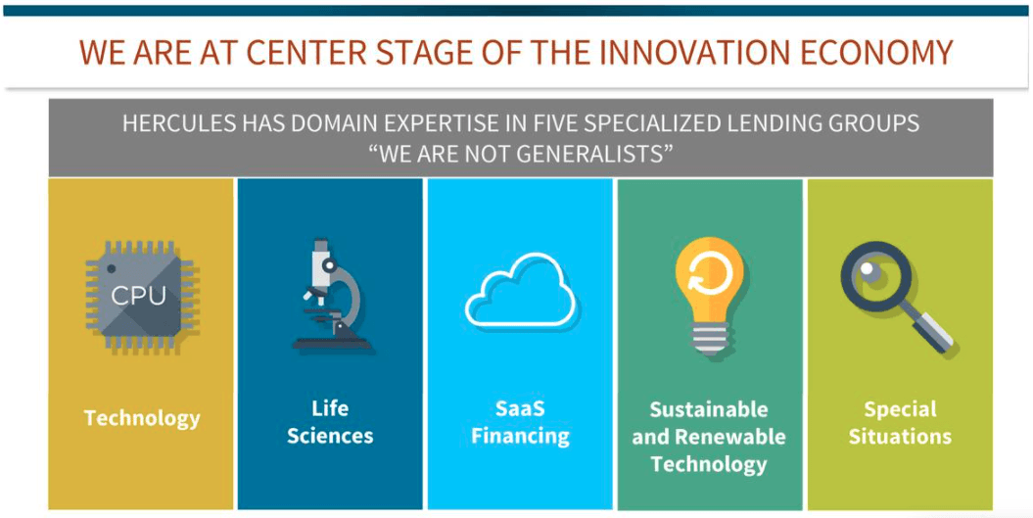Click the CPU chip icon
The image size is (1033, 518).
[x=140, y=298]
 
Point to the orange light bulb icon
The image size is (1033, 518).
[x=709, y=296]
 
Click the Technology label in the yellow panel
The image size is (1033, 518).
[x=142, y=418]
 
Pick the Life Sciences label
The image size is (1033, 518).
[x=330, y=422]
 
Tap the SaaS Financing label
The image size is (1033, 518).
[x=520, y=422]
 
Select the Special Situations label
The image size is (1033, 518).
[x=900, y=422]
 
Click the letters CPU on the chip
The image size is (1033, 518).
[x=138, y=297]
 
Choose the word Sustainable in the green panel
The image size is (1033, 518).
[x=709, y=409]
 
